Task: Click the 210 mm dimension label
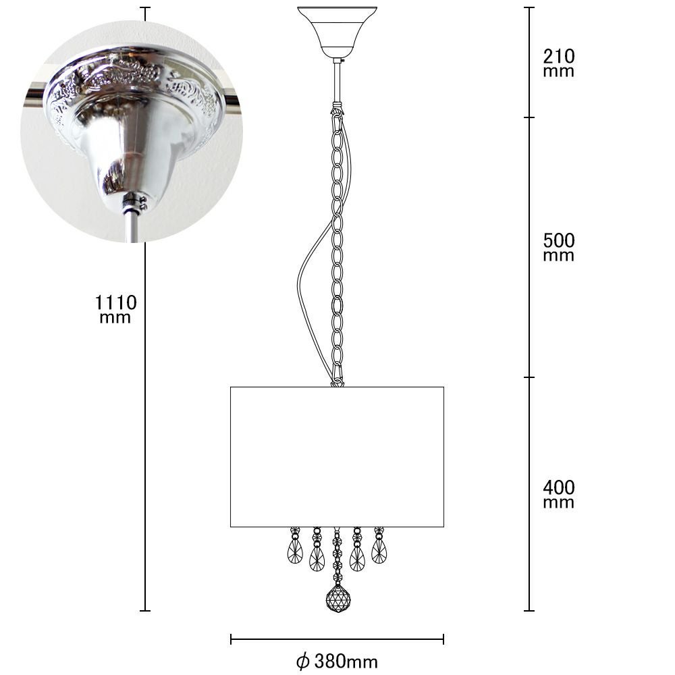pos(558,63)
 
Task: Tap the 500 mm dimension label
pos(558,247)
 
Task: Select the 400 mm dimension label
pos(558,494)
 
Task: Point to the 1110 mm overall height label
pos(115,309)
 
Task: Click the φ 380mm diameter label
pos(337,661)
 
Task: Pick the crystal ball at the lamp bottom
pos(338,598)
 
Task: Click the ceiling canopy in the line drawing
pos(337,32)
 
